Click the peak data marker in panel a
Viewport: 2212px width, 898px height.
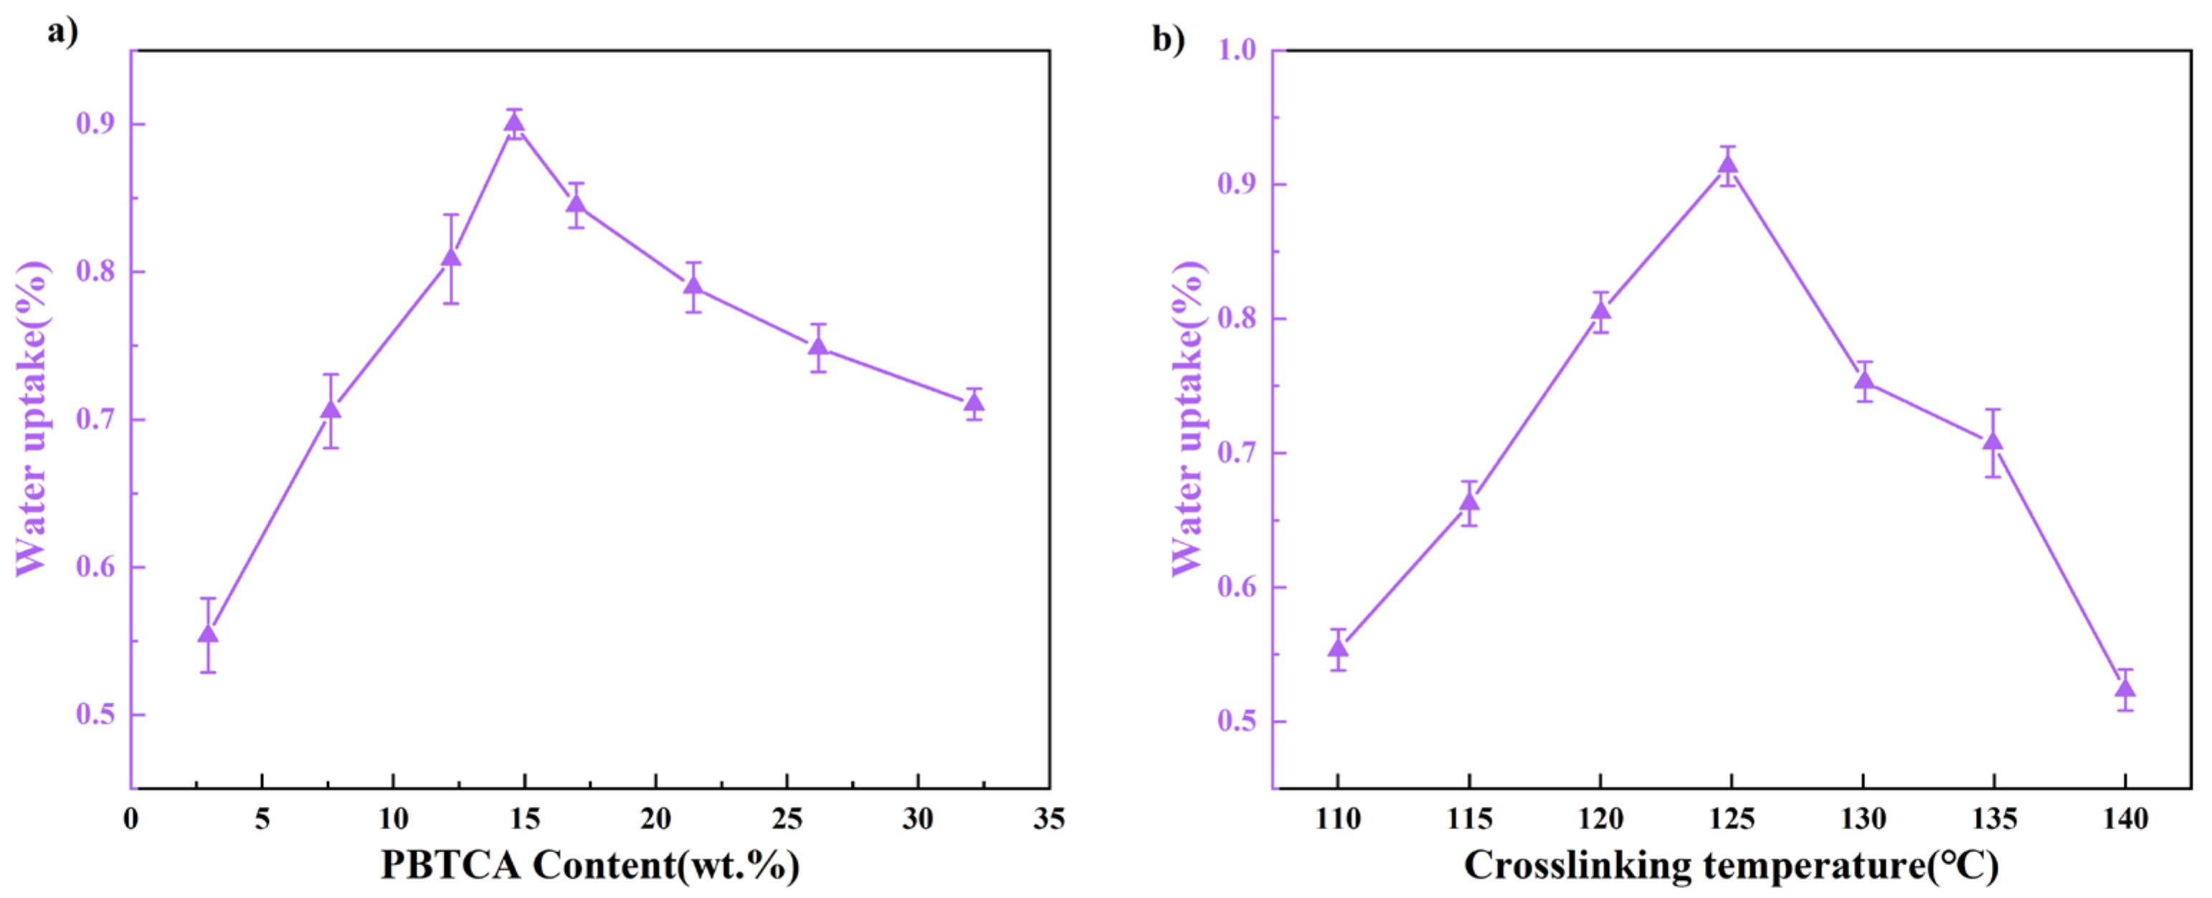coord(514,123)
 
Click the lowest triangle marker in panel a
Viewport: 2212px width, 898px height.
coord(208,634)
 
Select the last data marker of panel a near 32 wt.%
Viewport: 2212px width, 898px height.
coord(974,403)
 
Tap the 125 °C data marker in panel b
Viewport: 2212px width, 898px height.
coord(1729,166)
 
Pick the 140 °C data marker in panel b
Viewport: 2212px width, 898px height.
coord(2125,689)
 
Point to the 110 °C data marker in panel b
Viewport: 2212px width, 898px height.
coord(1338,648)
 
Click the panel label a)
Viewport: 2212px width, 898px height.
coord(62,33)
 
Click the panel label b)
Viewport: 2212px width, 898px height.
coord(1168,39)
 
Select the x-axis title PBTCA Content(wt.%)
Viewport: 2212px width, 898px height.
coord(590,864)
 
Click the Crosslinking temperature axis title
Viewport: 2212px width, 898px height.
coord(1731,864)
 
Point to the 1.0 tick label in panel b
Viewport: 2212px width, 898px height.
coord(1237,49)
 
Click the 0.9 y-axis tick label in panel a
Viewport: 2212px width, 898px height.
coord(95,123)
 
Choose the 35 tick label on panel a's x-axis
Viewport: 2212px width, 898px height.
coord(1048,819)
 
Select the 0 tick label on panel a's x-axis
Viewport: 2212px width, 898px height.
coord(130,819)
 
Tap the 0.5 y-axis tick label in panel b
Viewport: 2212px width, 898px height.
coord(1237,721)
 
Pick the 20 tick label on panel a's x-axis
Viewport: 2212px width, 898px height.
coord(655,819)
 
